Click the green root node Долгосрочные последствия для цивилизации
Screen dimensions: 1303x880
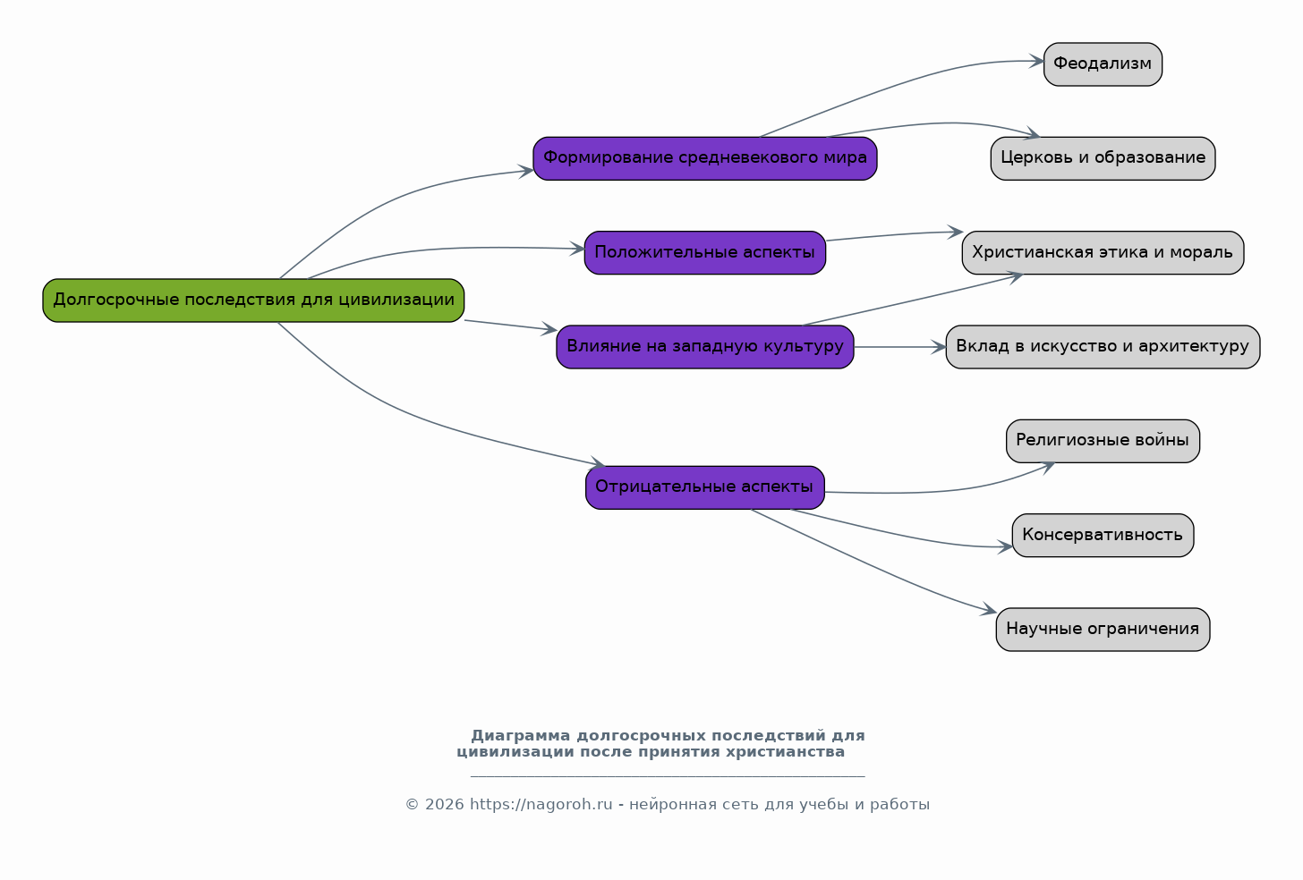pos(253,300)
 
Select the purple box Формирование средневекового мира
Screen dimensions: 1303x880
pos(705,158)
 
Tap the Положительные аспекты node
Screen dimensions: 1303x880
pos(705,253)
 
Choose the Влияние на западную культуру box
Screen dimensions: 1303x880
pos(705,347)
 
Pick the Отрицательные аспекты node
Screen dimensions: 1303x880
pos(705,487)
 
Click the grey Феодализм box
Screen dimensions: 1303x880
pos(1103,64)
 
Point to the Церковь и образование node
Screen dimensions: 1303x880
pos(1103,158)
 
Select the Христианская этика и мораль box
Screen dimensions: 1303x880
pos(1103,253)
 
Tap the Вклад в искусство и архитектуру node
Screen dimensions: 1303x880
pos(1103,347)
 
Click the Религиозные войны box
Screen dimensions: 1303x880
pos(1103,441)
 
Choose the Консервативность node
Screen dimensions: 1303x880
pos(1103,536)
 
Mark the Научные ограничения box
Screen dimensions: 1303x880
pos(1103,630)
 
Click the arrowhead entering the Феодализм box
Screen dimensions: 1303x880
pos(1036,61)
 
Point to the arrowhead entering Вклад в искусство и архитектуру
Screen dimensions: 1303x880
pos(938,347)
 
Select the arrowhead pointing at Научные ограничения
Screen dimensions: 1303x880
pos(989,609)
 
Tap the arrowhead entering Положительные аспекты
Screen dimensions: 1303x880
pos(577,249)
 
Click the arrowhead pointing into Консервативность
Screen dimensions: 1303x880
pos(1005,546)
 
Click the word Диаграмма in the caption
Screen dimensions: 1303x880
pos(521,736)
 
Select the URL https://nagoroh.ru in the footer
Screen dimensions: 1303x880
pos(541,805)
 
